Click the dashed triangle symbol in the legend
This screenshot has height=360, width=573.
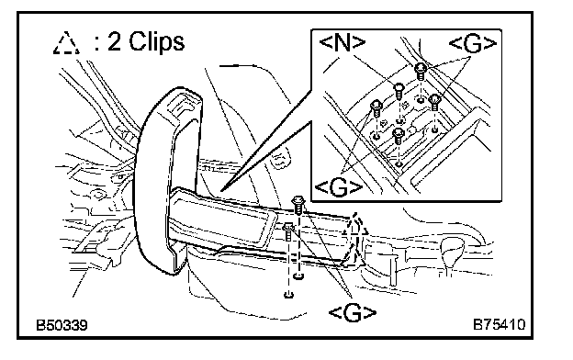(x=66, y=43)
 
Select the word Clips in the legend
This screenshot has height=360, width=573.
(x=157, y=41)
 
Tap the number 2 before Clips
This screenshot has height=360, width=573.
(x=114, y=40)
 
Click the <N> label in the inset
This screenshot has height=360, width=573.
(x=342, y=43)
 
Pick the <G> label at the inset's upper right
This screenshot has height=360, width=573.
(x=473, y=43)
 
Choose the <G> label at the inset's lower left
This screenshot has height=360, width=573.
(x=339, y=187)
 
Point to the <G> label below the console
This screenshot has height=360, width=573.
(x=353, y=313)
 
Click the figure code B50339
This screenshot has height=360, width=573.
(x=62, y=325)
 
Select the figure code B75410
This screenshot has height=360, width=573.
(x=500, y=324)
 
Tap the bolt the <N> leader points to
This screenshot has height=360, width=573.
(x=399, y=90)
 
